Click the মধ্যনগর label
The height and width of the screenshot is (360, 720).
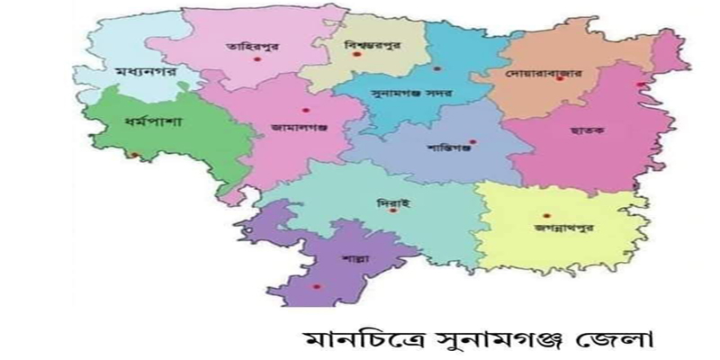pos(139,70)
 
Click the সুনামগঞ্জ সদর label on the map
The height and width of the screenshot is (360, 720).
pos(411,92)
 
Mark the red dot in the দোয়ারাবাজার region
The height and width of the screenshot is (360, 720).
pos(560,79)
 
